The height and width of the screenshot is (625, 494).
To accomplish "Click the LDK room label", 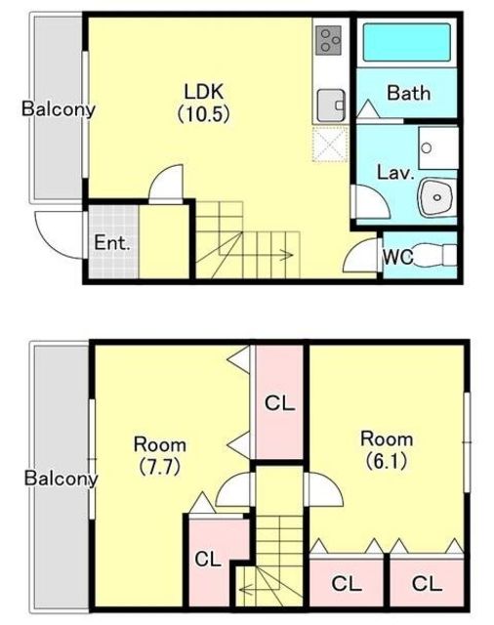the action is (x=204, y=103).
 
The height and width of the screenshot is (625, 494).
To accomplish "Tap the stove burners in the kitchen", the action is (x=328, y=40).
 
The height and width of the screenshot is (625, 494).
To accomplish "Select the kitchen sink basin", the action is (x=331, y=105).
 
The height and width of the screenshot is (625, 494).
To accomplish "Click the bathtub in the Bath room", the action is (x=406, y=42).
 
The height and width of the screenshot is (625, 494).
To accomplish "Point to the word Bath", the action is (x=409, y=94).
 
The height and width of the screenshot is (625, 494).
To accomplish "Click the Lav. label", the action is (x=396, y=173).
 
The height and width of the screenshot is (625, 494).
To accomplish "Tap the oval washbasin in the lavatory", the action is (x=436, y=197).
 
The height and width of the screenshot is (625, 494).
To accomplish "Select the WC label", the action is (x=397, y=257).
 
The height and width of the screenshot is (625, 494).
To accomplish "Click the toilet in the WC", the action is (x=434, y=255).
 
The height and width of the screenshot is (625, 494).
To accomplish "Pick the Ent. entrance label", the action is (x=112, y=243).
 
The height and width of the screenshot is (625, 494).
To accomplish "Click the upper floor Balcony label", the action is (x=59, y=108).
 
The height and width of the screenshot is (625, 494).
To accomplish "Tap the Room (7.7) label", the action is (x=160, y=456).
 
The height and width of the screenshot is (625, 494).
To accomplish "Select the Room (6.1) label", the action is (x=387, y=450).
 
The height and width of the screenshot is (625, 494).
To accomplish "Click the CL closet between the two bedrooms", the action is (x=279, y=403).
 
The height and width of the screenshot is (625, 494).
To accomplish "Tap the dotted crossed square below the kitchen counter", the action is (x=330, y=144).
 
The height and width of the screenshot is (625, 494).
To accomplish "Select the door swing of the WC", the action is (x=360, y=256).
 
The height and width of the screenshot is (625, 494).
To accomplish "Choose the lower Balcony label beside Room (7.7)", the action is (x=61, y=478).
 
